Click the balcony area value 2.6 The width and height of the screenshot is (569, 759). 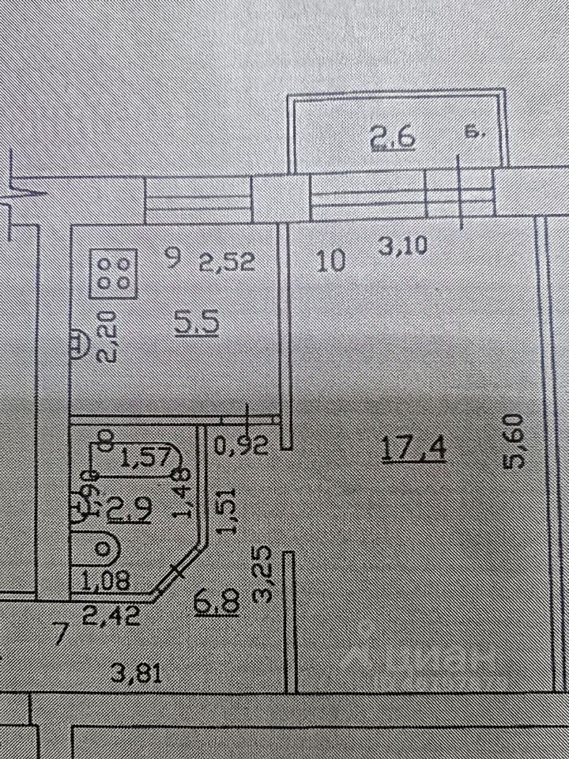pos(393,140)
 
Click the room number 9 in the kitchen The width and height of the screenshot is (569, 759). pos(174,257)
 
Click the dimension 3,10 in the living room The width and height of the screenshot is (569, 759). pos(403,247)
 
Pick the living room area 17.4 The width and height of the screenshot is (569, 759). pos(414,449)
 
